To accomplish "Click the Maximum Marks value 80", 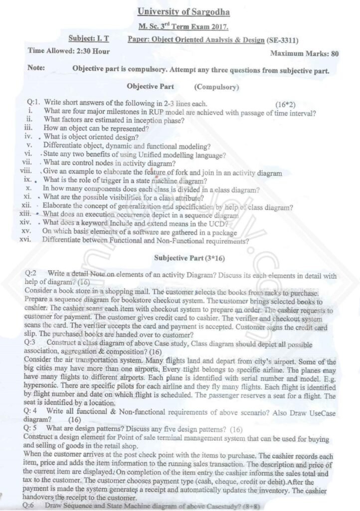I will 335,53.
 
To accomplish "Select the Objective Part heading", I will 150,86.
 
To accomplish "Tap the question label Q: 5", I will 38,429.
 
